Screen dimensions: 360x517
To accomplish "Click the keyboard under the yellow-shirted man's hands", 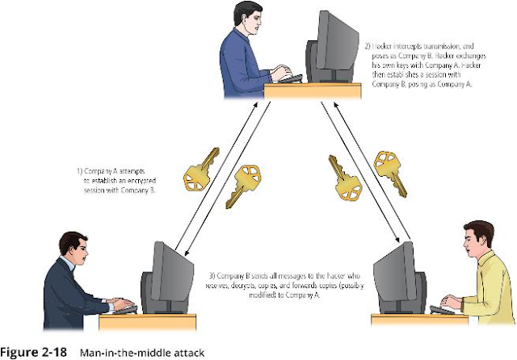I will pos(442,310).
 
